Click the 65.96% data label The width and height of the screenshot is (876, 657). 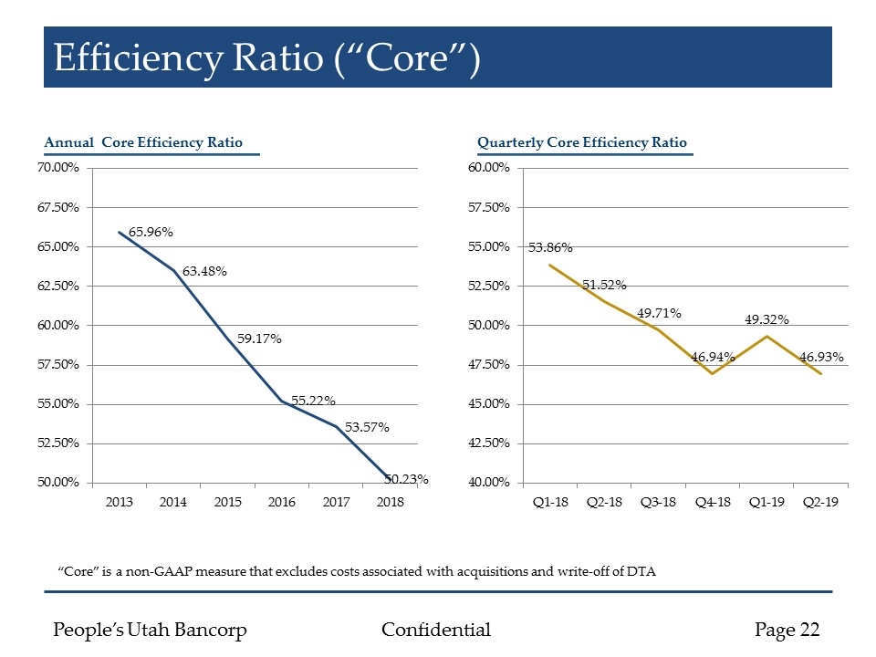(151, 233)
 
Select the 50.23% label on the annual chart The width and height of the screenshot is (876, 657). (406, 478)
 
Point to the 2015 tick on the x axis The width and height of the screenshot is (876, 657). (228, 503)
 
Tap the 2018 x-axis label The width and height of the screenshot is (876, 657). (391, 503)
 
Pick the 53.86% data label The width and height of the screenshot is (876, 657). (550, 247)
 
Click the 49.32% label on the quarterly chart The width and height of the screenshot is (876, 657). (766, 319)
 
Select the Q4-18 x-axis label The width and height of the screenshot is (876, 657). (712, 503)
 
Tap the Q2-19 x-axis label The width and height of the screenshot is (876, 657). (820, 503)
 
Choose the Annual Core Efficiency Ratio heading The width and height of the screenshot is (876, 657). (143, 142)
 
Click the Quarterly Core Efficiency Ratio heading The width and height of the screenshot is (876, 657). (581, 142)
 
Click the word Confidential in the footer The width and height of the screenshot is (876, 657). (435, 630)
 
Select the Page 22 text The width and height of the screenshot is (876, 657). (787, 630)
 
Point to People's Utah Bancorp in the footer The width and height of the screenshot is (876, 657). (151, 630)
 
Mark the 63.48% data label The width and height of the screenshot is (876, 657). (204, 271)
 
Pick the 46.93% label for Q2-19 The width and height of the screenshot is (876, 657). (821, 357)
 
